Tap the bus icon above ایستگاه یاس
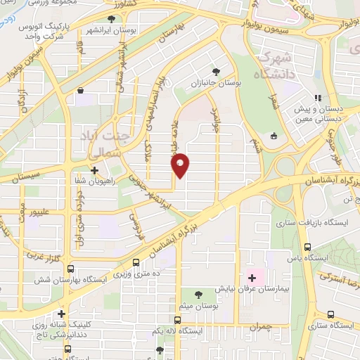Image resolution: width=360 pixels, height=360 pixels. click(x=307, y=247)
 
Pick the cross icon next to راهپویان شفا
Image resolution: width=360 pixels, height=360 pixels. click(x=94, y=169)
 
